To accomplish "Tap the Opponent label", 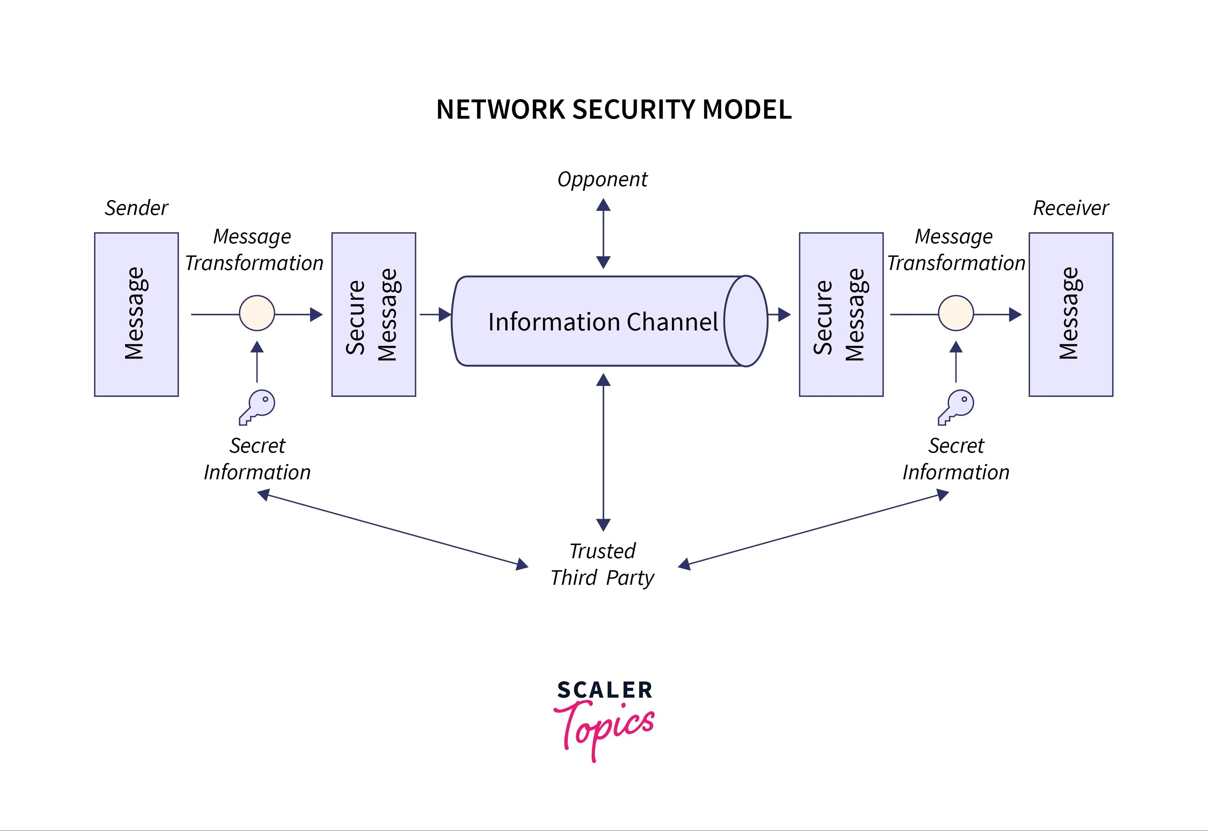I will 603,180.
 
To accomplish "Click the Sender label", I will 136,208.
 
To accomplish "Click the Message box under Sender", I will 136,314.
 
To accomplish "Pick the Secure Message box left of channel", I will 373,314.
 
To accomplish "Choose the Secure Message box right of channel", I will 841,314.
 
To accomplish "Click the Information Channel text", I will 603,322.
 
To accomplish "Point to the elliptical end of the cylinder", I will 746,321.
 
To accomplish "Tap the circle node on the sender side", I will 257,313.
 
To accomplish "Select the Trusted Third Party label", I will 603,565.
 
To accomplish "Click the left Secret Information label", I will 257,459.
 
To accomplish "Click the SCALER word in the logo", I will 604,690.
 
